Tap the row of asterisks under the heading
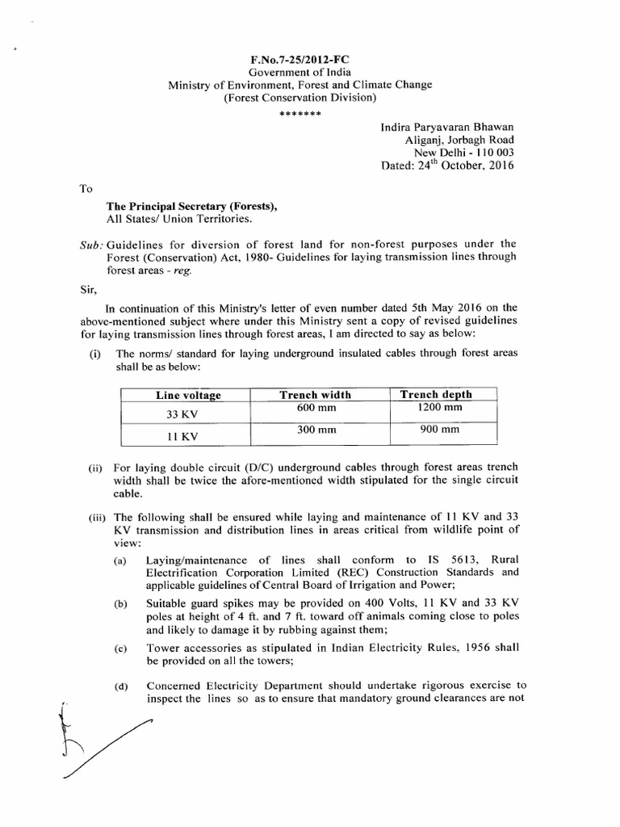[x=300, y=113]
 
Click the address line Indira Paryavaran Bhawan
[x=446, y=127]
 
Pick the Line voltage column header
[x=188, y=395]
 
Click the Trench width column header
[x=315, y=394]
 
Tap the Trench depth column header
[x=437, y=394]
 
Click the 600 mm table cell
[x=316, y=409]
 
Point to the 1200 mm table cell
[x=437, y=408]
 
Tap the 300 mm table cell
[x=316, y=431]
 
